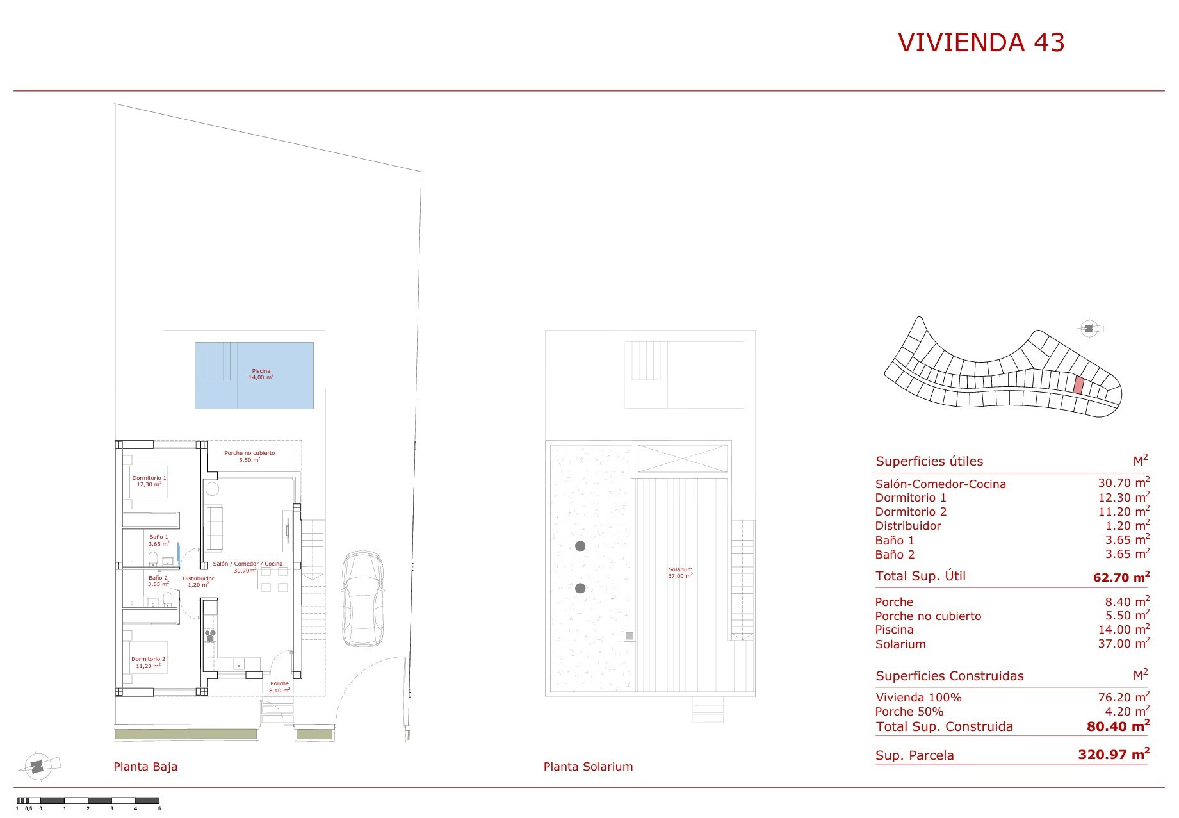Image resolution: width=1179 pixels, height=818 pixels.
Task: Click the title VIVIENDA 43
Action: click(981, 42)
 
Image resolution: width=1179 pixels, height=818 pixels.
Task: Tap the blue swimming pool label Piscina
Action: click(261, 371)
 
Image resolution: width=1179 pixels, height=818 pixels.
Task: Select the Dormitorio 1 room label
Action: click(149, 478)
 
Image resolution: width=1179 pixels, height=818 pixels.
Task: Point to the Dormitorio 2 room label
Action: click(149, 659)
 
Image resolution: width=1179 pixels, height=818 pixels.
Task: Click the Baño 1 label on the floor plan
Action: click(159, 537)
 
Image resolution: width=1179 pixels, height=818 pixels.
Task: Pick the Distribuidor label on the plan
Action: click(199, 578)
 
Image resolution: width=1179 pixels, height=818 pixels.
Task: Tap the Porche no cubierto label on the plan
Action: click(250, 453)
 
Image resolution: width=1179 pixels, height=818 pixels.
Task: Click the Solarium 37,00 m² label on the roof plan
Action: click(680, 573)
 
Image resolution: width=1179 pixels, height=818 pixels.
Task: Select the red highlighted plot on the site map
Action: click(1078, 385)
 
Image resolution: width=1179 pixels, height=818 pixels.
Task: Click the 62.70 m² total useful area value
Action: click(1121, 577)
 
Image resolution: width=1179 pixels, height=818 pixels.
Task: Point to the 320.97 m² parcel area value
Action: click(1114, 754)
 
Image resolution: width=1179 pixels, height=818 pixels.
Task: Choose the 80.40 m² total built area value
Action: click(1118, 726)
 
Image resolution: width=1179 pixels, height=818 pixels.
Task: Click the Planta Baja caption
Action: click(145, 766)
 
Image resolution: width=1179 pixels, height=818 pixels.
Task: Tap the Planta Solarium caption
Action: click(588, 766)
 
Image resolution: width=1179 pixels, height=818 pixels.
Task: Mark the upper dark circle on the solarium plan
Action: click(580, 546)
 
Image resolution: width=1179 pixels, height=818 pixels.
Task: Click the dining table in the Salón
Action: click(273, 579)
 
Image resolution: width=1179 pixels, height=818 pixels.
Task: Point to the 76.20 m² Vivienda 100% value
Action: click(1124, 697)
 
